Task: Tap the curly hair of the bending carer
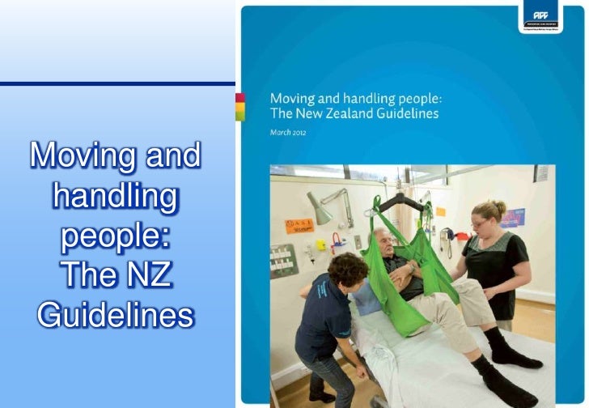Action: (347, 269)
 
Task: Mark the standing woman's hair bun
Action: (498, 207)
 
